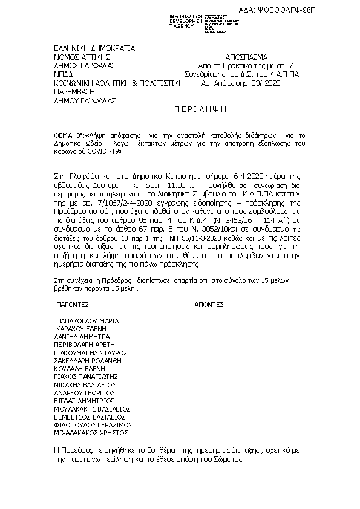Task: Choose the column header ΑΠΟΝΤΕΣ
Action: tap(209, 306)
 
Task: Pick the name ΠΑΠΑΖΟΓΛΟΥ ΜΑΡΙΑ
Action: tap(87, 321)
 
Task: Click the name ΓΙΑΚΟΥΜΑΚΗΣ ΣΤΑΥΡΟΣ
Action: tap(90, 352)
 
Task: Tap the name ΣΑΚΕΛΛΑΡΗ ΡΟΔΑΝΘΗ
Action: tap(88, 360)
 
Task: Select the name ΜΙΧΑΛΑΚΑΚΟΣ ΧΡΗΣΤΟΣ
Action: tap(91, 433)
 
